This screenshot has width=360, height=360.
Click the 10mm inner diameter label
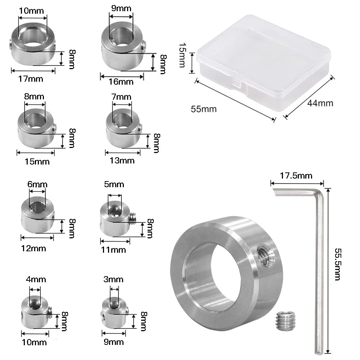click(31, 11)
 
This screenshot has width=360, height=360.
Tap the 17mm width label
click(31, 79)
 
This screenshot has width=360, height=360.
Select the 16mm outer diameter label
click(121, 82)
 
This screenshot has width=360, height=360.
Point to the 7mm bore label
click(121, 97)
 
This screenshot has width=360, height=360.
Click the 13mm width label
click(122, 161)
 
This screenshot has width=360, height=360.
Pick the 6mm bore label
click(37, 184)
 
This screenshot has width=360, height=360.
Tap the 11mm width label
click(113, 250)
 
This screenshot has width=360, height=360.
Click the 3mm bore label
click(113, 279)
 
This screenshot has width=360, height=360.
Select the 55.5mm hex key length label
click(338, 264)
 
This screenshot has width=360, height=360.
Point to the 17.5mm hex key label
click(296, 176)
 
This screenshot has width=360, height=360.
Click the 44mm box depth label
click(320, 103)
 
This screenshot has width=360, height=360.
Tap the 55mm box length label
click(204, 109)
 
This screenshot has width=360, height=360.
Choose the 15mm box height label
click(182, 55)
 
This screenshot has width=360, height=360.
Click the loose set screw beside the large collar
click(285, 320)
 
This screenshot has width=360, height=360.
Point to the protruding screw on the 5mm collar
click(133, 219)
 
